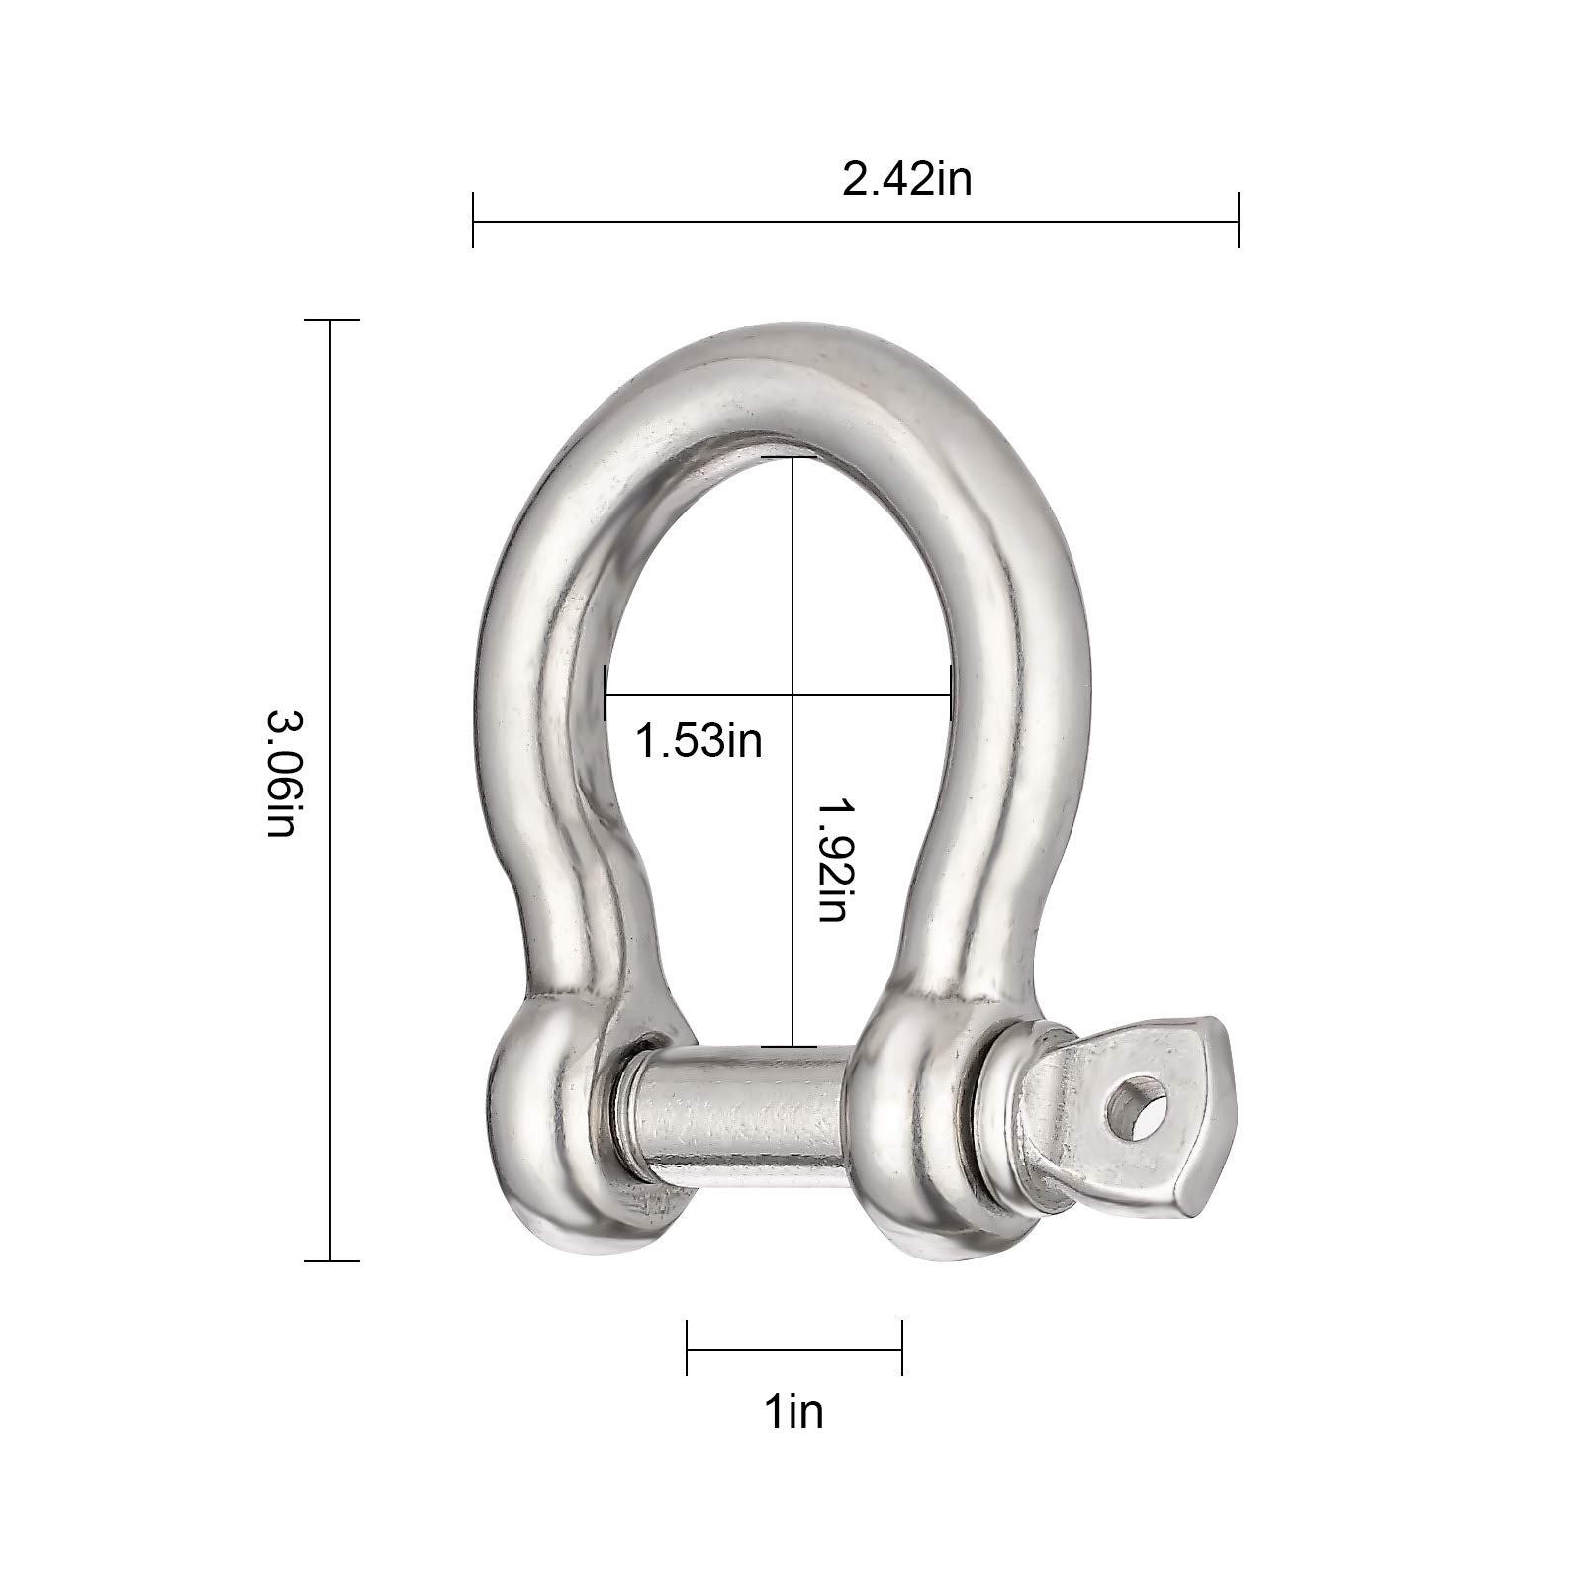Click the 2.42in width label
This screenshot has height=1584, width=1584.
tap(907, 180)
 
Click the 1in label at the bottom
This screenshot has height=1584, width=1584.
tap(793, 1411)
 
